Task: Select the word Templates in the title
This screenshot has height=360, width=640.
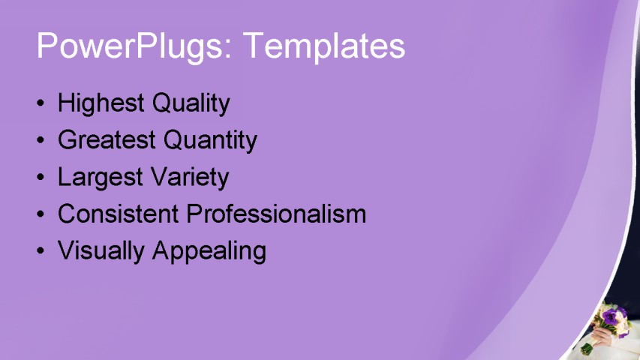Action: click(x=324, y=46)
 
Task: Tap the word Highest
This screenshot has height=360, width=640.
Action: click(x=101, y=103)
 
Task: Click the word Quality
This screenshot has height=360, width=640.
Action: click(x=191, y=103)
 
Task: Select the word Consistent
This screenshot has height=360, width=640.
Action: click(x=119, y=214)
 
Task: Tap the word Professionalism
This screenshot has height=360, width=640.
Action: click(x=276, y=214)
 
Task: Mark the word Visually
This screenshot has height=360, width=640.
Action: click(x=101, y=250)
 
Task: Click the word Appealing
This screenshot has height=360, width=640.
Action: click(x=209, y=250)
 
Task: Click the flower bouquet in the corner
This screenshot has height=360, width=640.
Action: click(x=615, y=319)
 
